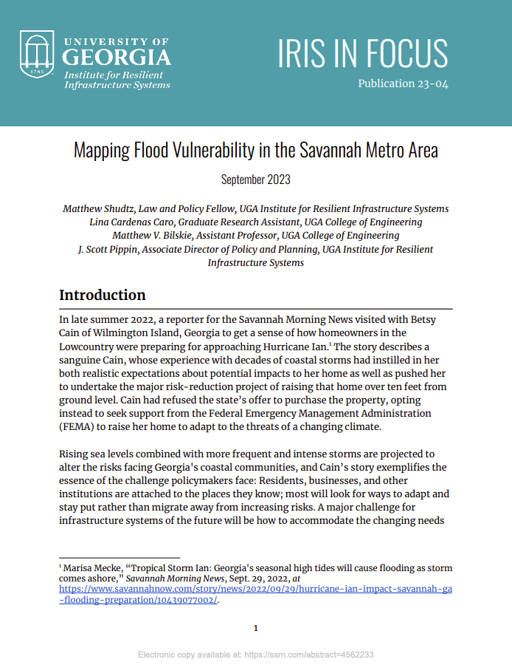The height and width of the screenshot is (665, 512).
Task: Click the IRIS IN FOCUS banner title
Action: click(362, 52)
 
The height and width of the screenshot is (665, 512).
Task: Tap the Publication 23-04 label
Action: click(403, 83)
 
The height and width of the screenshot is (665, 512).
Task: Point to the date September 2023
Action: click(255, 180)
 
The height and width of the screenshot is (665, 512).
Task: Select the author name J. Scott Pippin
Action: click(106, 249)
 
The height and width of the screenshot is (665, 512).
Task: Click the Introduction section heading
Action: click(102, 295)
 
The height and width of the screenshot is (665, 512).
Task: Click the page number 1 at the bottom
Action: click(255, 628)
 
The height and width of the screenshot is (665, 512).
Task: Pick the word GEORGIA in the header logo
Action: click(117, 58)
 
